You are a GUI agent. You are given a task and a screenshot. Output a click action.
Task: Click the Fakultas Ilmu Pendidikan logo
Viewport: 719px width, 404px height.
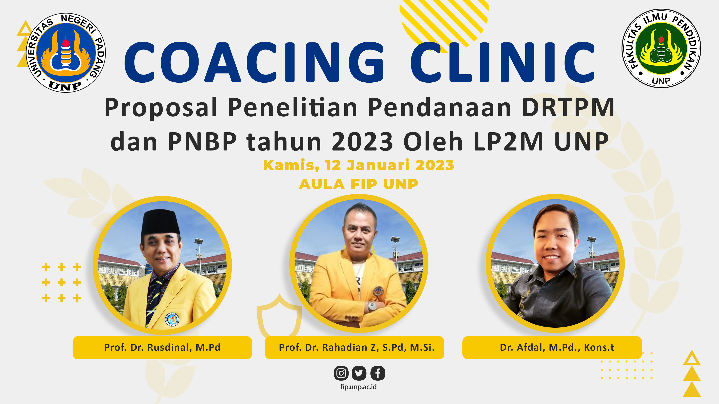[x=661, y=48]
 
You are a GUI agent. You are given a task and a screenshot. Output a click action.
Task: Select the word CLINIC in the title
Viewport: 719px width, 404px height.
[x=502, y=62]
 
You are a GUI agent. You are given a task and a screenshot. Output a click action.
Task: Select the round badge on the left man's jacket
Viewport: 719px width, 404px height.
[x=172, y=319]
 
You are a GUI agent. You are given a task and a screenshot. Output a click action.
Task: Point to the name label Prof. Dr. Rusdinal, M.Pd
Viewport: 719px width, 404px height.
[x=162, y=348]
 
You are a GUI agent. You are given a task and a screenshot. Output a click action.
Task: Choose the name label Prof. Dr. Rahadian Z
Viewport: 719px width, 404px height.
[x=354, y=348]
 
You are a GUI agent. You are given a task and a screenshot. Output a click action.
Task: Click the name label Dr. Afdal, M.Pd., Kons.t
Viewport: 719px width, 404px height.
[x=552, y=348]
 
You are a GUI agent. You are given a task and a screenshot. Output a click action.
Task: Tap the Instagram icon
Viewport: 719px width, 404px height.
[x=341, y=373]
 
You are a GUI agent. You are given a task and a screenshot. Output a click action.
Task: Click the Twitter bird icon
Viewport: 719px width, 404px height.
[x=359, y=373]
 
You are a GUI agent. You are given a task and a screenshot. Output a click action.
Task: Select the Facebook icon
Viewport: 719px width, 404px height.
[x=378, y=373]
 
